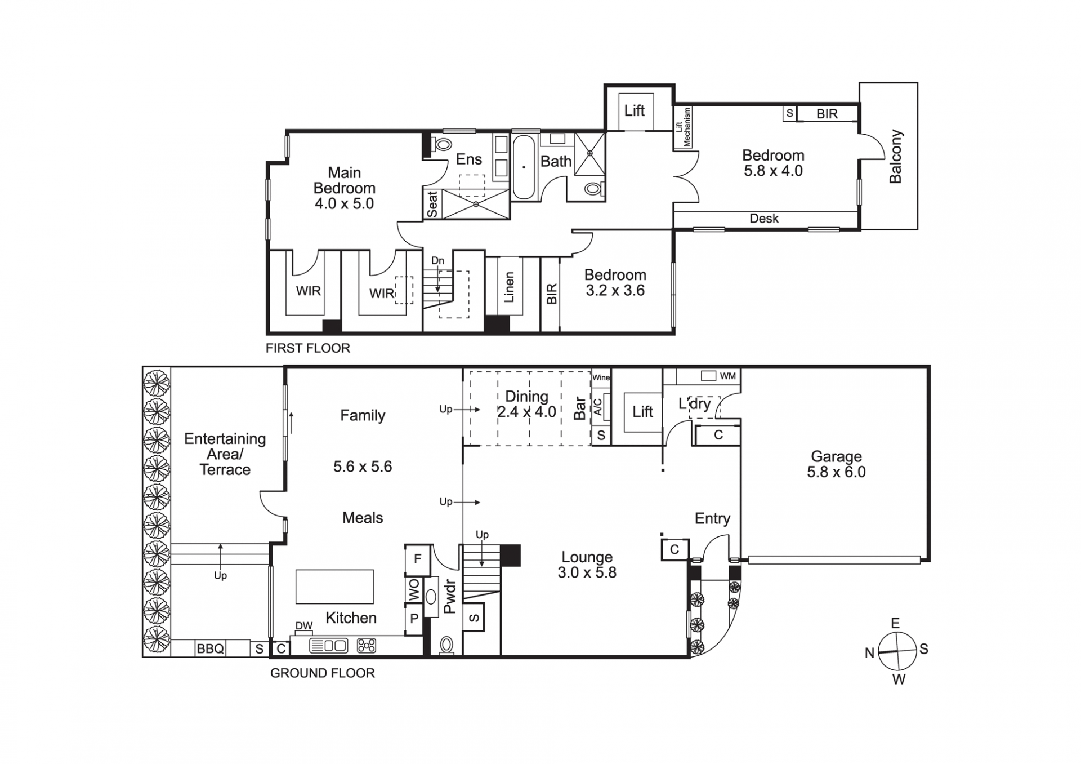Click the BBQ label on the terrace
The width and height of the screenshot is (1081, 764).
click(x=210, y=648)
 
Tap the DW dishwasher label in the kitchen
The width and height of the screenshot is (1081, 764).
click(x=304, y=626)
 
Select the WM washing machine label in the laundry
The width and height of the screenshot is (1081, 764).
click(x=727, y=376)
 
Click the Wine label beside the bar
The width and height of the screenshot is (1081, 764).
click(x=601, y=377)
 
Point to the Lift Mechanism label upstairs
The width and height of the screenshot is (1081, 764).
click(x=683, y=127)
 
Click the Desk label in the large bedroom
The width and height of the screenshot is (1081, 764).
click(x=764, y=219)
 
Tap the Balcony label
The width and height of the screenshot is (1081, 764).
click(x=895, y=157)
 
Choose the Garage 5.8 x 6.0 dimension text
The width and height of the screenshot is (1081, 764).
click(x=836, y=472)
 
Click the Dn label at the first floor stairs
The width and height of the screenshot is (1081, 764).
click(x=437, y=261)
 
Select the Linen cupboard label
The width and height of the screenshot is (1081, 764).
click(x=509, y=287)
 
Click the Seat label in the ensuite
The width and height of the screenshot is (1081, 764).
click(x=432, y=205)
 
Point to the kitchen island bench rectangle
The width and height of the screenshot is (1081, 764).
click(x=334, y=587)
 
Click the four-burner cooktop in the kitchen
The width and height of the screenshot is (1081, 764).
click(x=366, y=646)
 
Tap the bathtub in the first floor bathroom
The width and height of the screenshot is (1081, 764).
click(x=524, y=167)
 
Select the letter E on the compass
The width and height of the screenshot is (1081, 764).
click(x=895, y=624)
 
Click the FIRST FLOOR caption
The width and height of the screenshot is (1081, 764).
click(x=308, y=348)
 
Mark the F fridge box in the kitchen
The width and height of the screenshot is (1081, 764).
click(x=418, y=559)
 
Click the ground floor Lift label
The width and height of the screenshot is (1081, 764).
click(x=642, y=412)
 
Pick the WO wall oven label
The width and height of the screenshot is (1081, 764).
click(x=414, y=590)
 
